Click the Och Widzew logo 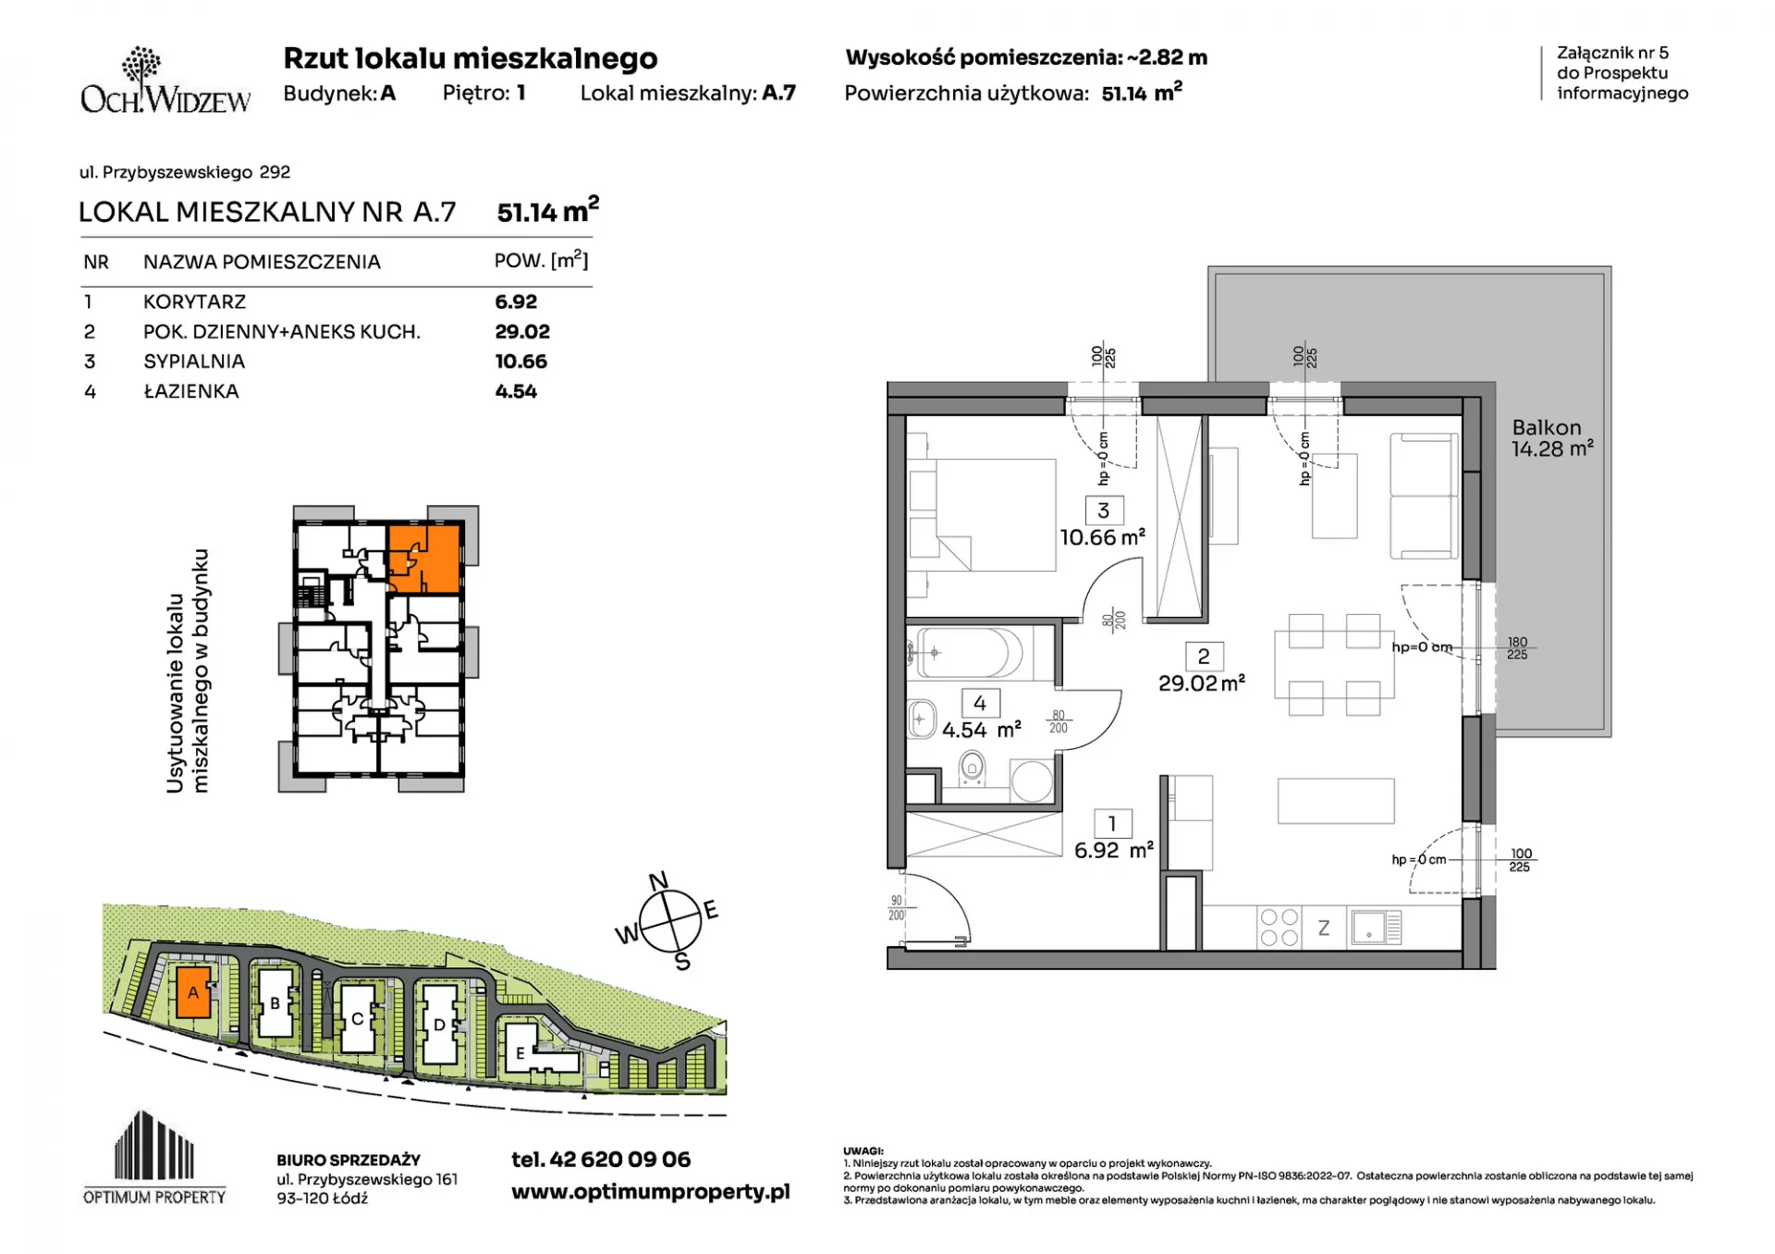(165, 80)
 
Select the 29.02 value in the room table (522, 331)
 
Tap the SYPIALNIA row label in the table (194, 362)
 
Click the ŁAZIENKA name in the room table (191, 391)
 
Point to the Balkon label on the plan (1547, 427)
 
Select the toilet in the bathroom (972, 768)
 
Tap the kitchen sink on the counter (1376, 927)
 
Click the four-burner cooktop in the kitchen (1279, 928)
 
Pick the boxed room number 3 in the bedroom (1103, 510)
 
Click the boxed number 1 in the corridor (1112, 823)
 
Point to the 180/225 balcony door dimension (1517, 648)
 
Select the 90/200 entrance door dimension (896, 908)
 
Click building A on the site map (193, 992)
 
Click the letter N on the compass (658, 881)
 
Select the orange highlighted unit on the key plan (422, 559)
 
